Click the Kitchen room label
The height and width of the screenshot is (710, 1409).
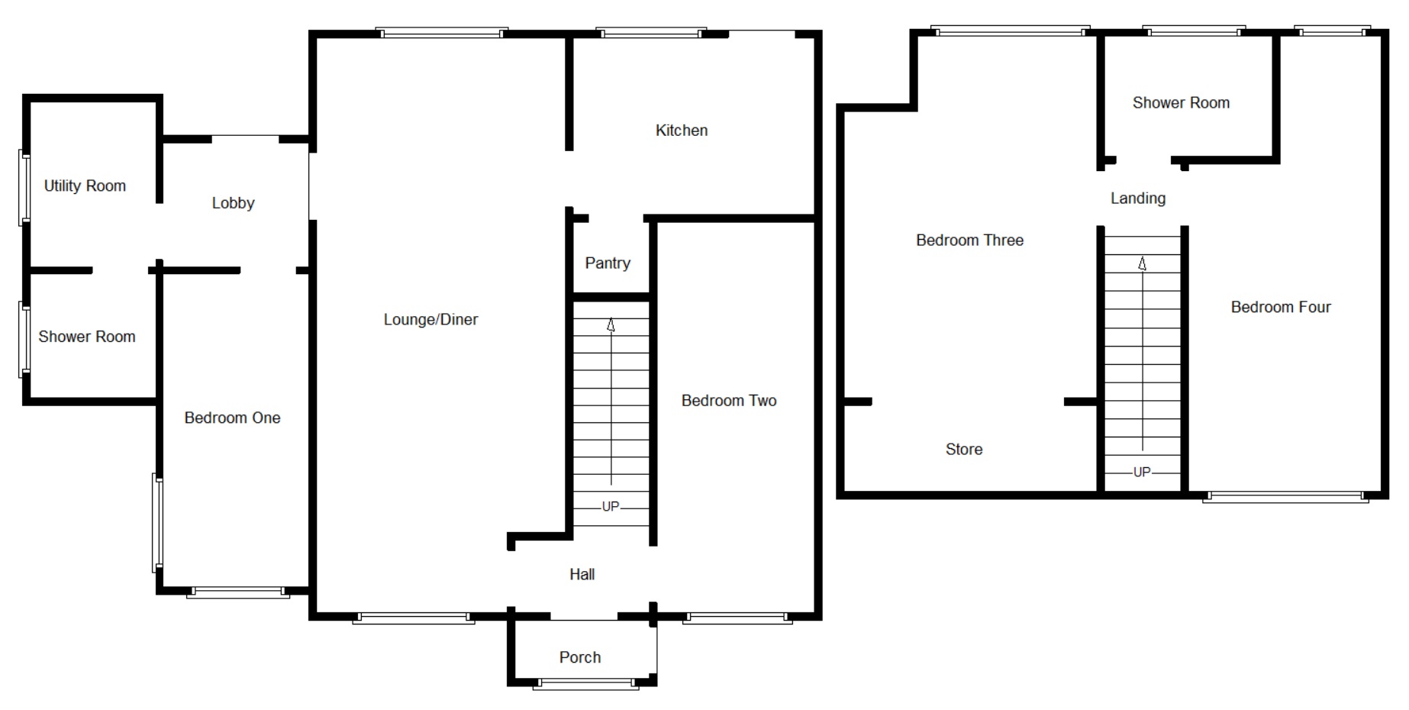pos(681,131)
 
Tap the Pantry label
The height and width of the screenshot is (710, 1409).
pos(608,263)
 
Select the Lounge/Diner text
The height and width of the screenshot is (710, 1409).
pos(430,320)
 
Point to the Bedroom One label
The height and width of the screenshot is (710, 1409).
pos(232,418)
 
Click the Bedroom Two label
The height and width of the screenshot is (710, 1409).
pos(728,401)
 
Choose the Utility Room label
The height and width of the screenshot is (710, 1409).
pos(85,186)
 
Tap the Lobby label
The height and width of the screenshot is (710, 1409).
pos(233,203)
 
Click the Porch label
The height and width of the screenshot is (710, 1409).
pos(579,657)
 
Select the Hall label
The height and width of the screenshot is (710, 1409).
pos(582,574)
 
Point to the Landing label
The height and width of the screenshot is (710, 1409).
pos(1137,198)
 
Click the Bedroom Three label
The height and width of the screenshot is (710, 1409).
pos(969,240)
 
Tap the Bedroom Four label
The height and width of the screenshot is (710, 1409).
pos(1280,308)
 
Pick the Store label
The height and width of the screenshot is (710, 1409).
pos(963,450)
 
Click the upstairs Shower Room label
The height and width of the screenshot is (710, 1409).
pos(1181,103)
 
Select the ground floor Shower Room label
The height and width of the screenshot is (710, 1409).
pos(86,337)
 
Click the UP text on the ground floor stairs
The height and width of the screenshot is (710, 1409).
pos(610,506)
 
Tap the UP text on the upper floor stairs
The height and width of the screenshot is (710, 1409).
pos(1141,472)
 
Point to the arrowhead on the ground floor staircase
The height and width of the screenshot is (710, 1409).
pos(611,325)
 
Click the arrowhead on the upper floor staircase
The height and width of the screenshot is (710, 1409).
pos(1142,264)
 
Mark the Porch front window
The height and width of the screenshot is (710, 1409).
pos(585,684)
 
